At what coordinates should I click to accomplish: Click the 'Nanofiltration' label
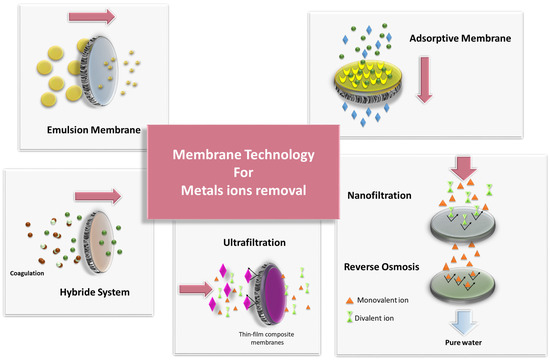click(389, 196)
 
